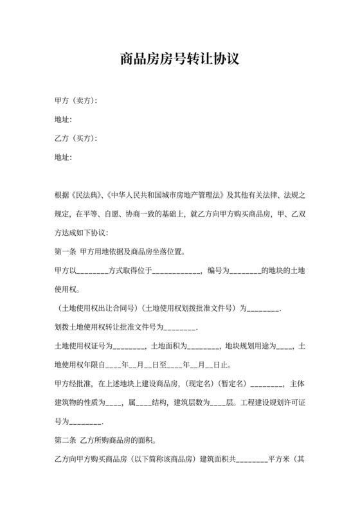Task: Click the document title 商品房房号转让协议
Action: pos(180,60)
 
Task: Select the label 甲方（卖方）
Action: pos(76,101)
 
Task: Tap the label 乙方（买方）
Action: pos(76,138)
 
